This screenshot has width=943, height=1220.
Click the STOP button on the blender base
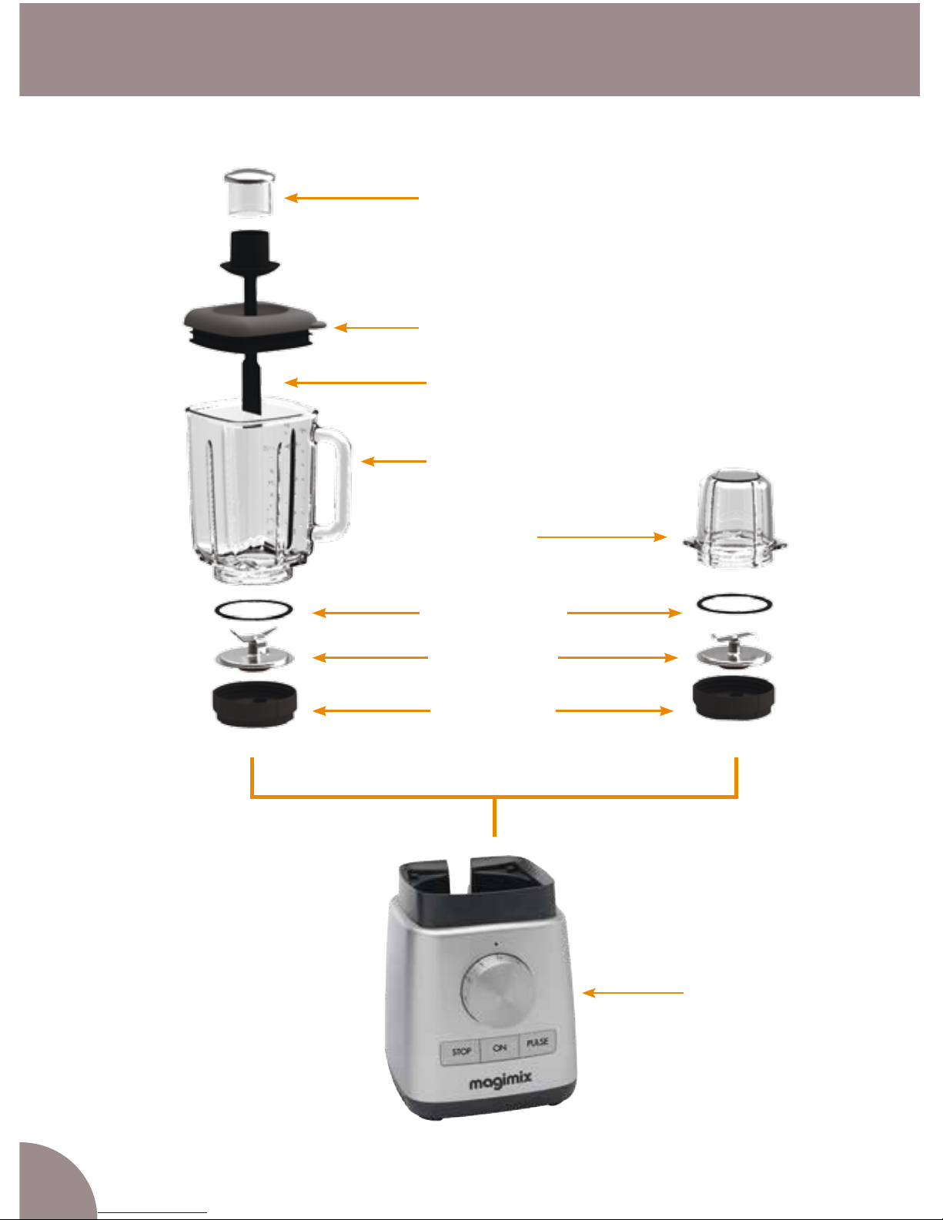461,1051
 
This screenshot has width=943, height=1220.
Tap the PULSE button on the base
537,1043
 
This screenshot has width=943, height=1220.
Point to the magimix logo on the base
500,1081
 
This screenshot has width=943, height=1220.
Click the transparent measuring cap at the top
249,192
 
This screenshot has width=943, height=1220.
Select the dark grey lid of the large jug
254,327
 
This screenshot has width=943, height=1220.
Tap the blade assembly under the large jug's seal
254,650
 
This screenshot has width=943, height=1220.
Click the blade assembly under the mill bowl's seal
734,651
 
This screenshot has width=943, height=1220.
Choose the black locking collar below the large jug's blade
254,704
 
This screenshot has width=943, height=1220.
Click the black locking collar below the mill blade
734,698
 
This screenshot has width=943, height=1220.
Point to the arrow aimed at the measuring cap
351,198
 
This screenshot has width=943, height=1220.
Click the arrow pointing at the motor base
633,993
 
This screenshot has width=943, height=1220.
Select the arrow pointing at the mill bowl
602,537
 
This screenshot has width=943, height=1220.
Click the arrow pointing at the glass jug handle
393,461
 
